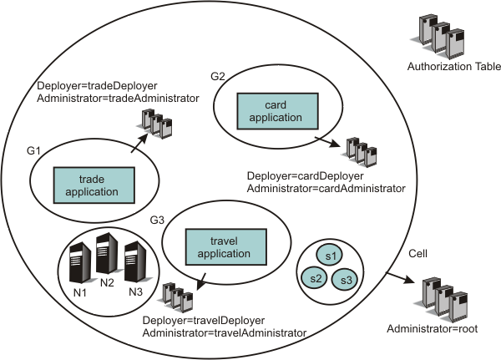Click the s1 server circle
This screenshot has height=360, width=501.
click(331, 255)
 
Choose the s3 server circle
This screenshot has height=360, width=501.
click(344, 278)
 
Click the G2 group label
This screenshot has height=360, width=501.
click(218, 75)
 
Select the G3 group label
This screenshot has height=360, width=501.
click(155, 219)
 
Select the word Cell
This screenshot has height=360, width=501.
click(418, 253)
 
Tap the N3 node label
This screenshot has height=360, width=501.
click(135, 292)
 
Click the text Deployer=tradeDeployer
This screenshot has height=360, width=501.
click(93, 85)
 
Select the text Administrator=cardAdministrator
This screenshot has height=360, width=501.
click(326, 190)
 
